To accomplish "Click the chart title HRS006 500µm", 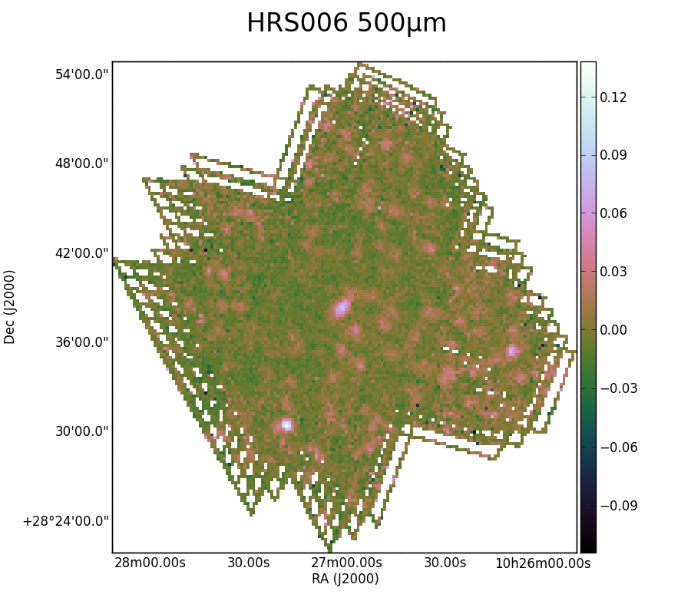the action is [x=346, y=23].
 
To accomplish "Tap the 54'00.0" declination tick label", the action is [x=81, y=74].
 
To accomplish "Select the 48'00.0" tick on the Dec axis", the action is [x=81, y=163].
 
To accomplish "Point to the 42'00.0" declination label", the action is [x=81, y=253].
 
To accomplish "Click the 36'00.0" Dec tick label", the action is [x=81, y=342].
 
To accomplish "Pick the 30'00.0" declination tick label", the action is [x=81, y=431].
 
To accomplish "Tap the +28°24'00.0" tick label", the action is [x=66, y=521].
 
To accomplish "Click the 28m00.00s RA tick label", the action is [x=150, y=563].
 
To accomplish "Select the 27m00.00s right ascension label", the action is [x=346, y=563].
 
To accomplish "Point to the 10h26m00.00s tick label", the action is [x=543, y=563].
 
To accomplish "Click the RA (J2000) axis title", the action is [x=345, y=579].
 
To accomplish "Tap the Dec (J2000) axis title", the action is [x=9, y=307].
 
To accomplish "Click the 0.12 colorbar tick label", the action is [x=613, y=97].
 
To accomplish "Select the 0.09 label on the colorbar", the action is [x=613, y=155].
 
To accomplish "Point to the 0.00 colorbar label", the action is [x=613, y=330].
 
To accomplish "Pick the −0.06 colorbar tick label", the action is [x=619, y=447].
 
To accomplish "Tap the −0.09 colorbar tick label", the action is [x=619, y=506].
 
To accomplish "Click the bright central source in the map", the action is [x=342, y=308].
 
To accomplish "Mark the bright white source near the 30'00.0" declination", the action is [x=286, y=425].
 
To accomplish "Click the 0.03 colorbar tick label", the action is [x=613, y=272].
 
